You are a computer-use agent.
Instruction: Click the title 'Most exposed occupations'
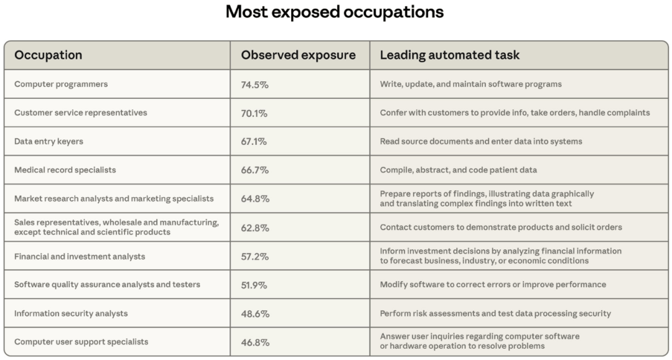[x=335, y=12]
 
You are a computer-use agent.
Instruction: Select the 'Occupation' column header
[x=49, y=55]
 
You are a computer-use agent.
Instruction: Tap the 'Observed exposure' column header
[x=298, y=55]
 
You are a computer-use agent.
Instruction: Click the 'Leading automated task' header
[x=450, y=55]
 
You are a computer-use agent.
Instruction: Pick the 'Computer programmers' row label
[x=61, y=85]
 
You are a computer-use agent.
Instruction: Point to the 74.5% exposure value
[x=254, y=85]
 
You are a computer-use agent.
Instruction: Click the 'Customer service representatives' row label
[x=81, y=113]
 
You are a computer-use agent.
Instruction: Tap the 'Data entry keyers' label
[x=49, y=142]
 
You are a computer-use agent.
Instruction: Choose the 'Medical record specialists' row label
[x=65, y=170]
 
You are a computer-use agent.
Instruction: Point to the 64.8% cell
[x=255, y=199]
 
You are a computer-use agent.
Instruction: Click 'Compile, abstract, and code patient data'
[x=459, y=170]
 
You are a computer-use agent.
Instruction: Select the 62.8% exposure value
[x=255, y=228]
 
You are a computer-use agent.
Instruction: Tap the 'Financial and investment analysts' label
[x=80, y=256]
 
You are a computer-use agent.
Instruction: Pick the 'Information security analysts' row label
[x=71, y=313]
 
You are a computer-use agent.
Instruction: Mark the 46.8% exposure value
[x=255, y=342]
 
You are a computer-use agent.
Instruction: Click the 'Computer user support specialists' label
[x=82, y=342]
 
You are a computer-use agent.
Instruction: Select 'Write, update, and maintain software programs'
[x=471, y=85]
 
